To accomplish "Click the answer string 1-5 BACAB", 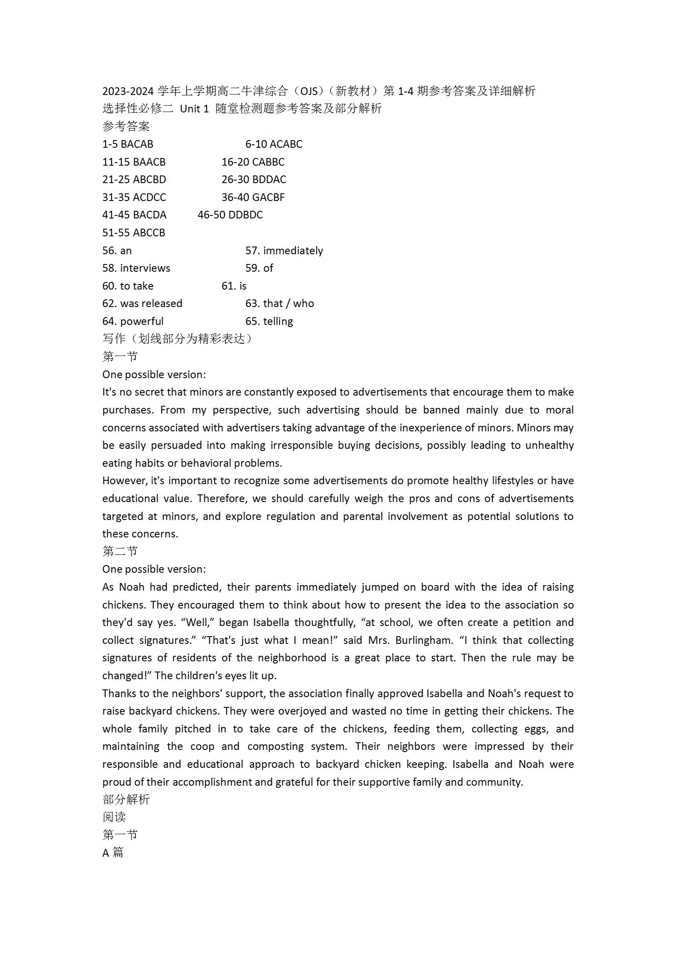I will [x=128, y=144].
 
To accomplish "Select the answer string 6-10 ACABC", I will [x=273, y=144].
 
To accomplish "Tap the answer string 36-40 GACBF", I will [x=253, y=198].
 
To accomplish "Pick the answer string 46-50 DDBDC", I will [x=230, y=215].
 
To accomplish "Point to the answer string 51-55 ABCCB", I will [x=133, y=233].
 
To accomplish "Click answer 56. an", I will [x=117, y=251].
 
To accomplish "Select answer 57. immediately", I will [x=284, y=251].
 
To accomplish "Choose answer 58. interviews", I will [x=136, y=268].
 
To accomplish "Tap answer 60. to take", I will [x=128, y=286].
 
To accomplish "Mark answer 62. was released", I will [x=142, y=304].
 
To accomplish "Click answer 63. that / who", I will [x=279, y=304].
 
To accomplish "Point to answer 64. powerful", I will [x=132, y=322].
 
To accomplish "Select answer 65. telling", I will [x=269, y=322].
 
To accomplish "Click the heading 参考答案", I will [x=126, y=126].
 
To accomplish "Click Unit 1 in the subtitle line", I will [x=194, y=109].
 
